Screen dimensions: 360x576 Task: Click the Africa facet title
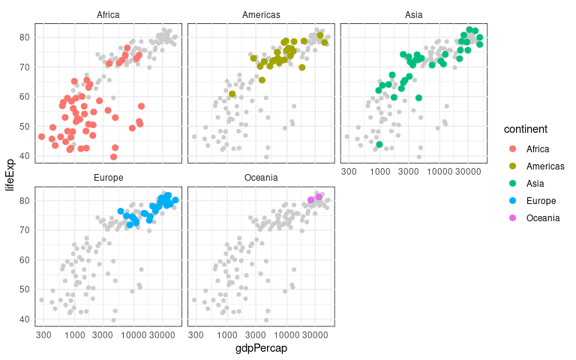(x=108, y=14)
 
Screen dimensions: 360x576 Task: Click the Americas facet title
(x=261, y=14)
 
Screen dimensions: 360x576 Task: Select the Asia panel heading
(x=413, y=14)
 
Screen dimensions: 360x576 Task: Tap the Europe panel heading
(x=108, y=178)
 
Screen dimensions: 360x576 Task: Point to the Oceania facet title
(x=261, y=178)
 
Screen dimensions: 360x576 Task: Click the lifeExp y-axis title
(x=10, y=171)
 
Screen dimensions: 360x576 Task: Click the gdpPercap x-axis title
(x=261, y=348)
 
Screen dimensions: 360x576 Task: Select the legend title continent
(x=530, y=129)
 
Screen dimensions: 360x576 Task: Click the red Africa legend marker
(x=512, y=148)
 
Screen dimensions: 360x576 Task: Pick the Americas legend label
(x=545, y=166)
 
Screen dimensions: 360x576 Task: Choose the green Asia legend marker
(x=512, y=183)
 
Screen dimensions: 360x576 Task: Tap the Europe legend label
(x=541, y=200)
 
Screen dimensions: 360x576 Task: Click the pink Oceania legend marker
(x=512, y=217)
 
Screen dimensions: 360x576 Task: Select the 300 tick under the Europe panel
(x=43, y=334)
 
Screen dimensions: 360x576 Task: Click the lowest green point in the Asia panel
(x=379, y=144)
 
